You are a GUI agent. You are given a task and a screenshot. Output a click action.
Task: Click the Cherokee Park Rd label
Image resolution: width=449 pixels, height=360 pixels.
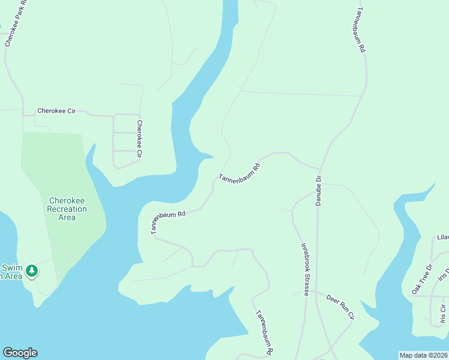point(17,23)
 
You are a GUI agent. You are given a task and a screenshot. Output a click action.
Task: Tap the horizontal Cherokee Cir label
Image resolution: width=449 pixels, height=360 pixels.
point(56,111)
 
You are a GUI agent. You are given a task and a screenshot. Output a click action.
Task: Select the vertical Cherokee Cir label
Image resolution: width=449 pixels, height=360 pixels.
point(139,139)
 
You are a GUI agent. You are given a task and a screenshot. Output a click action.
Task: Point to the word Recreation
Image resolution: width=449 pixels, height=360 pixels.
point(67,209)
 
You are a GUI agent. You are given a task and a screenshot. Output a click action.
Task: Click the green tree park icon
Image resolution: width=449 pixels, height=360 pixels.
point(32,271)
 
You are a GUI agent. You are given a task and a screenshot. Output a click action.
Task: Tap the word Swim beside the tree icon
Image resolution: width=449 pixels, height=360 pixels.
point(11,268)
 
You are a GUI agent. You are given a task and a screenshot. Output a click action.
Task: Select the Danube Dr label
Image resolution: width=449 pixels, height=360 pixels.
point(319,191)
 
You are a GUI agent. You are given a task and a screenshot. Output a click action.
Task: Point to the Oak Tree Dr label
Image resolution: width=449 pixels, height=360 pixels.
point(421,280)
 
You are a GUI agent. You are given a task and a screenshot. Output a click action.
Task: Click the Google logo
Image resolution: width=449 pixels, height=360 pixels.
point(20,353)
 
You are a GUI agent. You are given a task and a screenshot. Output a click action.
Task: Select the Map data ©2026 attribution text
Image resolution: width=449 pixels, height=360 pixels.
point(423,355)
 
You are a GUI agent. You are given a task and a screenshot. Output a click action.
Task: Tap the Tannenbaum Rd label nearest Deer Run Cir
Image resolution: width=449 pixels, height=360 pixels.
point(265,331)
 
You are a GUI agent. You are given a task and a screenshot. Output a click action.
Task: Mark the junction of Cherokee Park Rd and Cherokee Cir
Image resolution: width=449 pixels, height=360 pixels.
point(23,114)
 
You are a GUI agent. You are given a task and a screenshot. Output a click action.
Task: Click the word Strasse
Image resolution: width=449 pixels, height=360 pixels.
point(306,283)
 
